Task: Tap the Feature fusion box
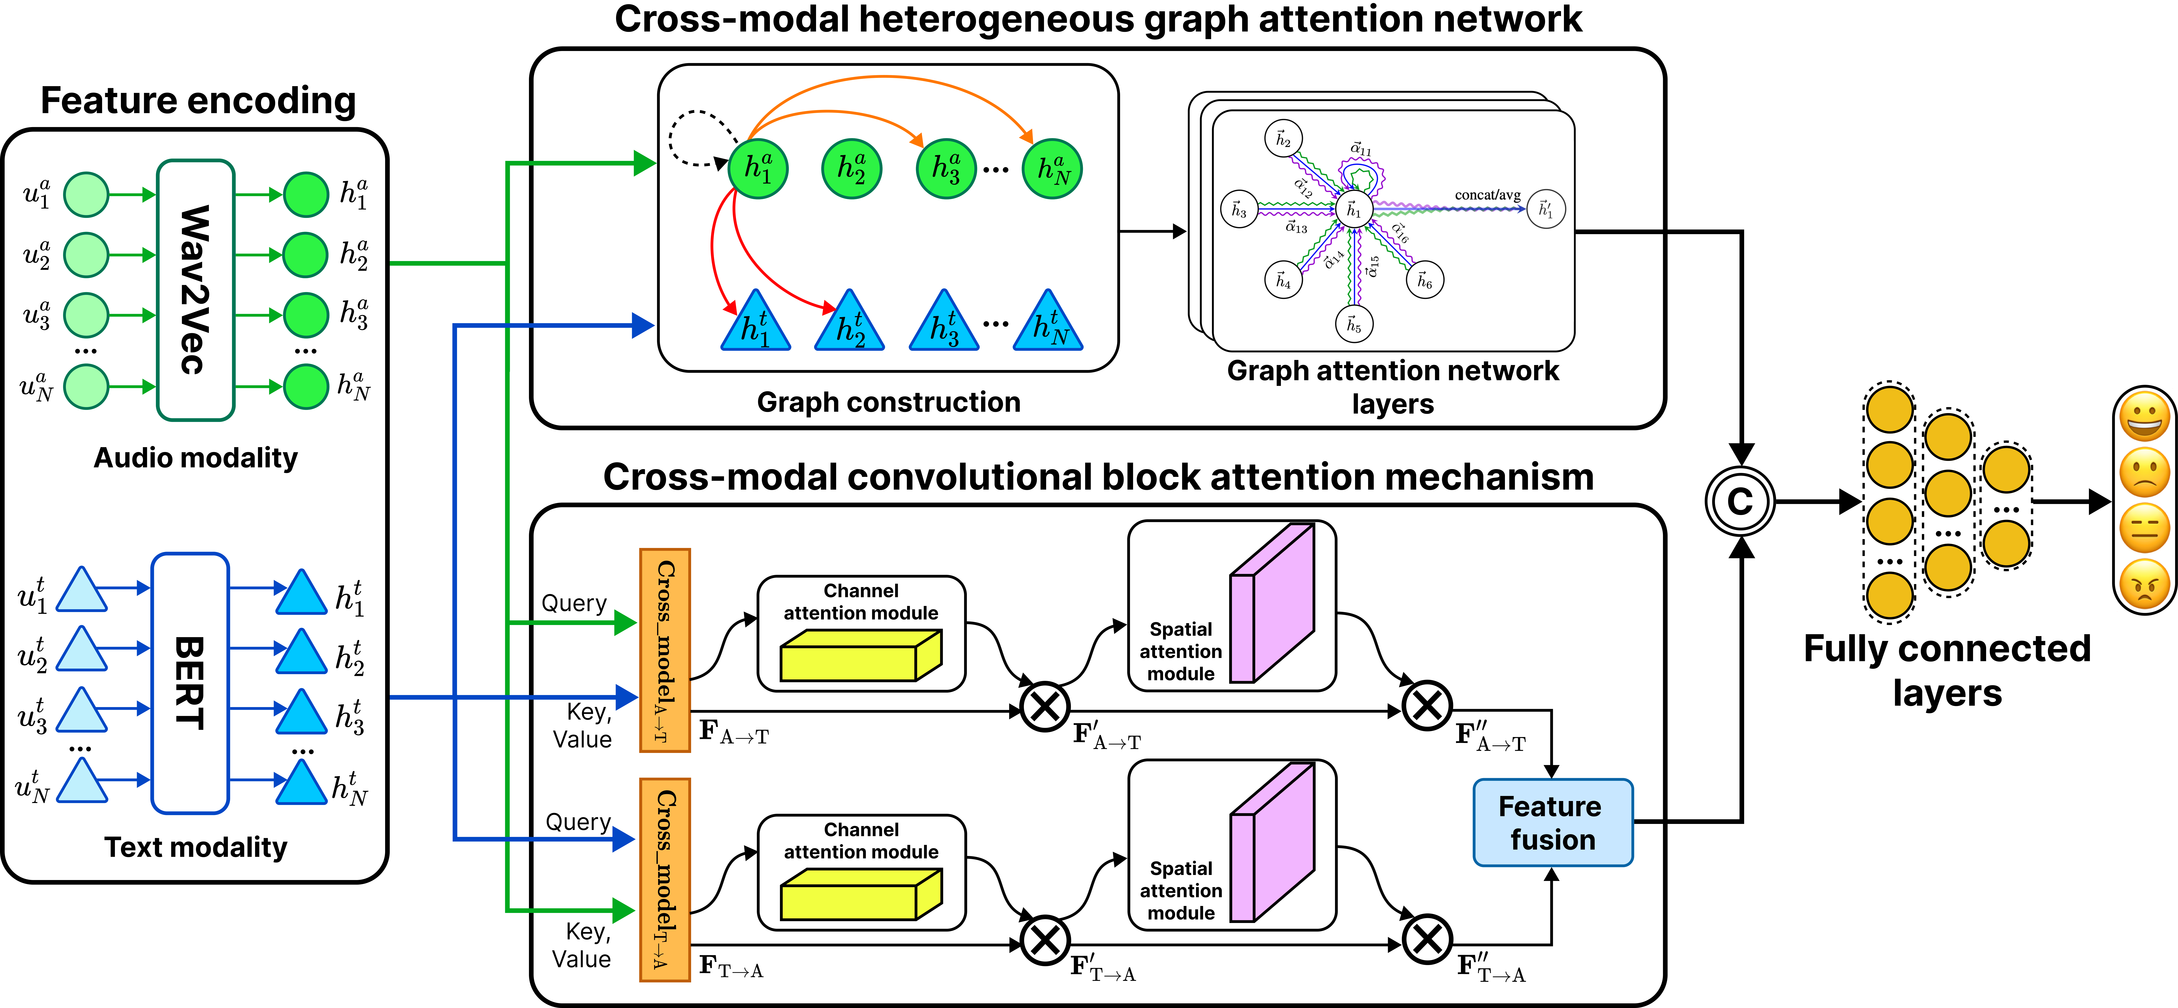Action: coord(1552,822)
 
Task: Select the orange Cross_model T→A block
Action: coord(665,880)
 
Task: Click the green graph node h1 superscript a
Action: coord(757,169)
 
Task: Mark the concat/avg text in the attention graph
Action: coord(1487,195)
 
